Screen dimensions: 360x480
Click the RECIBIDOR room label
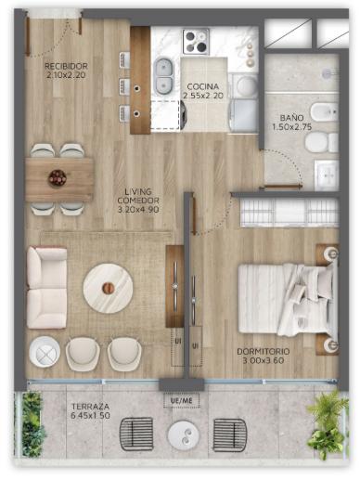66,66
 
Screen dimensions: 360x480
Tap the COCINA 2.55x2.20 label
203,91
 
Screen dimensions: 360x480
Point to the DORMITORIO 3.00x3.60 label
264,356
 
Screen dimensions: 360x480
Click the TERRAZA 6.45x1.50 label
90,410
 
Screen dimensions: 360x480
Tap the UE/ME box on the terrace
182,401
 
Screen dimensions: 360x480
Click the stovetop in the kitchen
196,41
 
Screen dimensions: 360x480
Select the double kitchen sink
163,76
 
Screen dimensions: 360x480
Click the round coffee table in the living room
108,288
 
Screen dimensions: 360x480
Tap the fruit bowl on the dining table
58,178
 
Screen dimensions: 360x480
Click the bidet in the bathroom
324,111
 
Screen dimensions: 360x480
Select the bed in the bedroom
288,299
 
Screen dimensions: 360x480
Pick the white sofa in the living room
46,287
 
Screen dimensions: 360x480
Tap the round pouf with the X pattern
45,352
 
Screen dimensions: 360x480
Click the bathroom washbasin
327,175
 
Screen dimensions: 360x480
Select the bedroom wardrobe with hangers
289,213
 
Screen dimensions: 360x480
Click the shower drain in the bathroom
327,73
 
